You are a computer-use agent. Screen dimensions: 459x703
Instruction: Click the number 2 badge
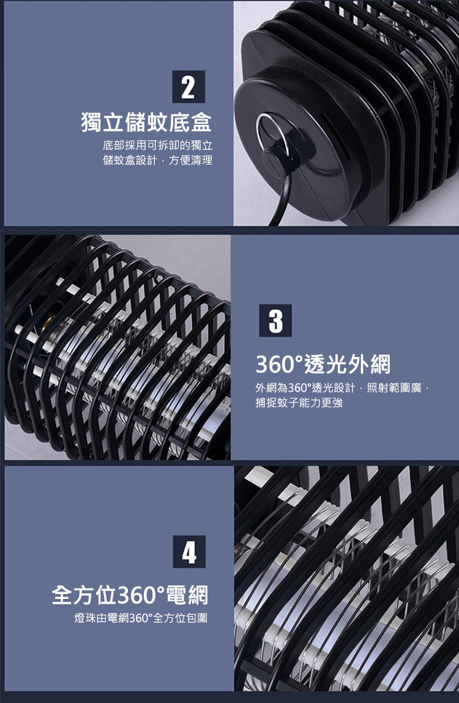188,86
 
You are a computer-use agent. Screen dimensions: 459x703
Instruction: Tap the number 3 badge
275,320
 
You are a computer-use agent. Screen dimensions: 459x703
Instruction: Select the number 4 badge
189,552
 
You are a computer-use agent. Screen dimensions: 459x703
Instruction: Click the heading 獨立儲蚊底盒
146,122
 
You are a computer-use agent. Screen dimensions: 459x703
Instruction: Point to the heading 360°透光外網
323,364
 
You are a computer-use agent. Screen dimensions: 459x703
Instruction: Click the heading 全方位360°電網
130,595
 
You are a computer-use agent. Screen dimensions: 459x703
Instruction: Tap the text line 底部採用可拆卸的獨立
157,145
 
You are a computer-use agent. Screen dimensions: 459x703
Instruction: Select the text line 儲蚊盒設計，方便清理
157,160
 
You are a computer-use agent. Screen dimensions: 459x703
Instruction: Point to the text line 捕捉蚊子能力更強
299,402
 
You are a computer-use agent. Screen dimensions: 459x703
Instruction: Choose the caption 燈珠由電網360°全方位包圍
141,618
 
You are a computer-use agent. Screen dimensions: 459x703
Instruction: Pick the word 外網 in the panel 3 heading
370,364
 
